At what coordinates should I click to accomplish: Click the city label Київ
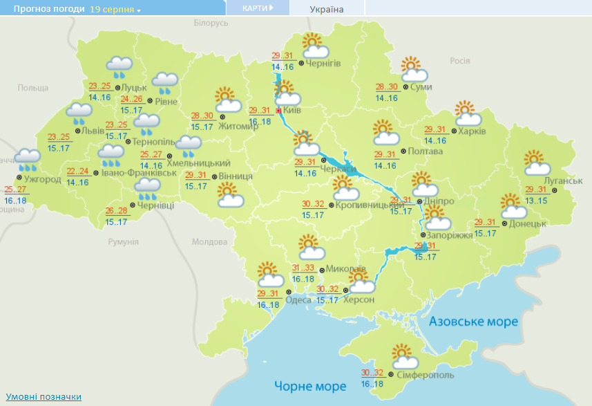coord(292,110)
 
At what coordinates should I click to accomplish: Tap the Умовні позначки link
coord(44,396)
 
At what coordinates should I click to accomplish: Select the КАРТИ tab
coord(257,8)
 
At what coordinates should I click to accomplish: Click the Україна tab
coord(327,9)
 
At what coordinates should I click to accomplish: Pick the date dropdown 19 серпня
coord(115,10)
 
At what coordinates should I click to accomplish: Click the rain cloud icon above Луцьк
coord(119,67)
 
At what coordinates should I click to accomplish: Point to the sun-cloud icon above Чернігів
coord(314,46)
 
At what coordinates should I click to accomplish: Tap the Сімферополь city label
coord(426,374)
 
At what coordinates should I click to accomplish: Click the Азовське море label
coord(473,322)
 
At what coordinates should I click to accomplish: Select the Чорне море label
coord(309,385)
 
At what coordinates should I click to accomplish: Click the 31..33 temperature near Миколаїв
coord(305,268)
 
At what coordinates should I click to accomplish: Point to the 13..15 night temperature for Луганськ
coord(536,201)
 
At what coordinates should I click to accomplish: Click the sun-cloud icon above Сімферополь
coord(404,356)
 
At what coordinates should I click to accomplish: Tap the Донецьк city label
coord(528,223)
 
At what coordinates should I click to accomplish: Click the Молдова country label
coord(209,242)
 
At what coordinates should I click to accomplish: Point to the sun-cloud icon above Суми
coord(413,69)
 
